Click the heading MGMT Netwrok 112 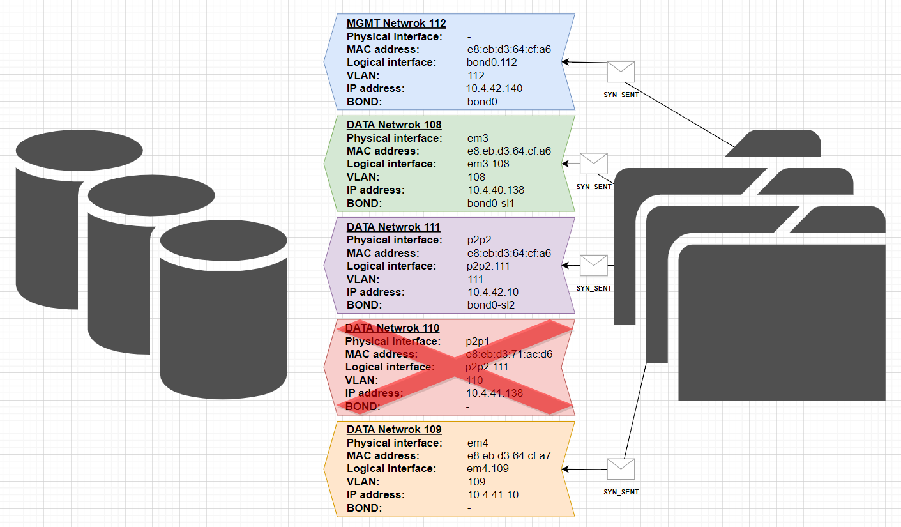[396, 24]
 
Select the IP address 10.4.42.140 [494, 88]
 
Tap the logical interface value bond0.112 [492, 63]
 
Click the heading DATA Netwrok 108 [394, 125]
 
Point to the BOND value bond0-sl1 [490, 203]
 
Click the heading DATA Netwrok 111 [393, 227]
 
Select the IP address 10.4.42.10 [492, 292]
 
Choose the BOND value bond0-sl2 [490, 305]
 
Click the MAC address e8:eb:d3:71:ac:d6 [508, 354]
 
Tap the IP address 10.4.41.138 [494, 393]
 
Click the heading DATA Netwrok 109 [394, 429]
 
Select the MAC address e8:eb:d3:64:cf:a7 [509, 455]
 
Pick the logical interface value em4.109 [488, 468]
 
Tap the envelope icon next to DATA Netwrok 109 [621, 469]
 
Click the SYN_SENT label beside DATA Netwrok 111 [594, 288]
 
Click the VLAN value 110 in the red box [474, 380]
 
